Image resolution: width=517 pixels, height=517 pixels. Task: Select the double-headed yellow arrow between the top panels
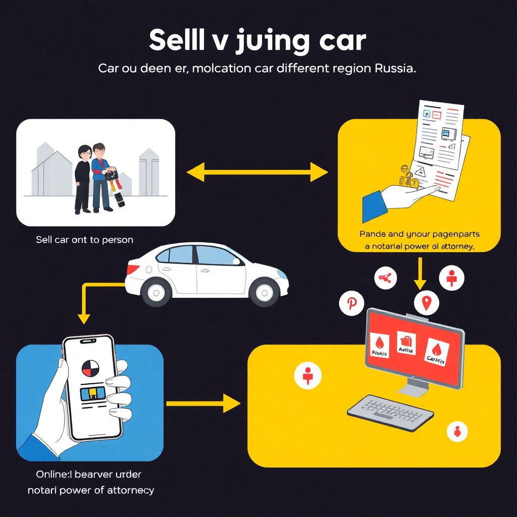[257, 173]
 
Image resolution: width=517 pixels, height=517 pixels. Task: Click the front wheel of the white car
[265, 292]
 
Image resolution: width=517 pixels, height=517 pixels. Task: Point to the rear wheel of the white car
[156, 292]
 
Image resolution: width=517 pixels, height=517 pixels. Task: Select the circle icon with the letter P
[351, 303]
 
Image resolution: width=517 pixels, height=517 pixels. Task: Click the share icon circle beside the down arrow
[385, 277]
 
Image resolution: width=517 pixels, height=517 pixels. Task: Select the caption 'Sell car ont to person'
[84, 239]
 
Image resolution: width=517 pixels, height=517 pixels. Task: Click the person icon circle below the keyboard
[457, 431]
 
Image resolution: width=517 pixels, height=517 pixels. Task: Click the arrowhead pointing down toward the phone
[84, 318]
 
